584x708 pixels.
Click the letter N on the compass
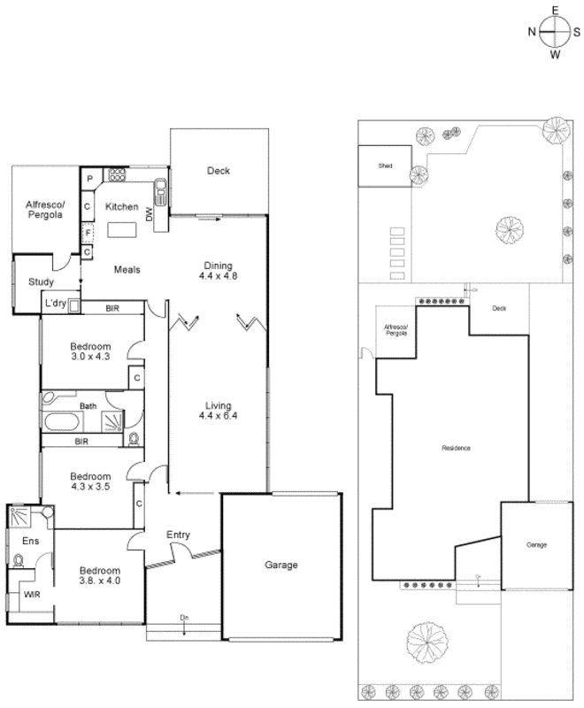click(x=533, y=32)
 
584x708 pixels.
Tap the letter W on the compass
click(x=556, y=55)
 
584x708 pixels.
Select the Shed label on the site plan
click(x=384, y=165)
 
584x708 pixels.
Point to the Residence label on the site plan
click(x=457, y=448)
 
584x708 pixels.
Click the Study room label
click(x=41, y=282)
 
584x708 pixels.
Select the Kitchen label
click(x=122, y=207)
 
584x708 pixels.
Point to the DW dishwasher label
click(x=150, y=213)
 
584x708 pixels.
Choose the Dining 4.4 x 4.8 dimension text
click(x=218, y=271)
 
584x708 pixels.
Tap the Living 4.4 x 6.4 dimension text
click(x=218, y=412)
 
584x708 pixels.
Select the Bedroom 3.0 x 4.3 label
click(x=91, y=350)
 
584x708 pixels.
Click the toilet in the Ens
click(x=19, y=559)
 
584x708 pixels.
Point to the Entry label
click(x=179, y=535)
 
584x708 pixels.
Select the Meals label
click(x=126, y=270)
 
